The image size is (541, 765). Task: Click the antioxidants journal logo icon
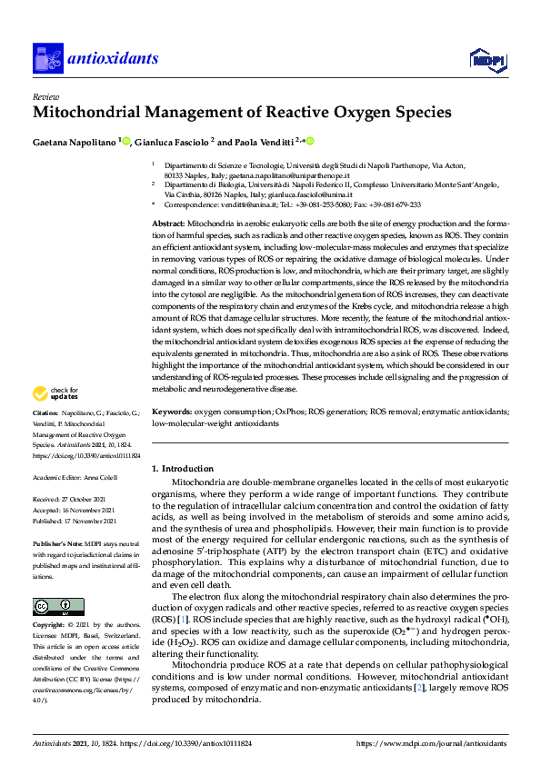(x=47, y=58)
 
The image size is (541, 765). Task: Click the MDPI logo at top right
(x=486, y=60)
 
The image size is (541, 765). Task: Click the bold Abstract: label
(x=169, y=224)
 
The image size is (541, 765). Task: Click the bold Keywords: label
(x=172, y=411)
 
